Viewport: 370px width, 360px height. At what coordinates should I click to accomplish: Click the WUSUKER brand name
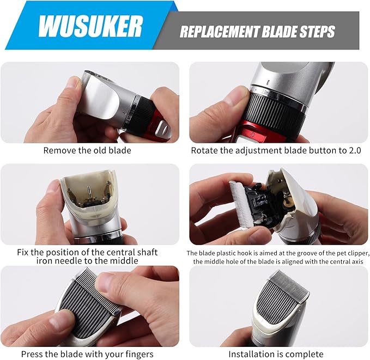pyautogui.click(x=90, y=26)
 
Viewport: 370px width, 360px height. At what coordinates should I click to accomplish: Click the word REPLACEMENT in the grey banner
pyautogui.click(x=220, y=32)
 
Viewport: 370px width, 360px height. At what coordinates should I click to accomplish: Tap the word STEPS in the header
pyautogui.click(x=317, y=32)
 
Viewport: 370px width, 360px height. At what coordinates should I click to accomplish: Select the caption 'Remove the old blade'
pyautogui.click(x=87, y=150)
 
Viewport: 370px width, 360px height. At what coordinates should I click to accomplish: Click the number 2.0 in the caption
pyautogui.click(x=355, y=150)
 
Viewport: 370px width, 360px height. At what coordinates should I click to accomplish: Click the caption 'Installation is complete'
pyautogui.click(x=276, y=354)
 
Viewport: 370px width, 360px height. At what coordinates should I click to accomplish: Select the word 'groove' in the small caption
pyautogui.click(x=306, y=253)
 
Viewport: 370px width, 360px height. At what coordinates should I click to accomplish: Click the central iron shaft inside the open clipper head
pyautogui.click(x=89, y=193)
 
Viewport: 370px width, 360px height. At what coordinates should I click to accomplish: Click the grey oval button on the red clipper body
pyautogui.click(x=165, y=129)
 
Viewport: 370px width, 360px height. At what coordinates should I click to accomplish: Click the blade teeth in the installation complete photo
pyautogui.click(x=290, y=282)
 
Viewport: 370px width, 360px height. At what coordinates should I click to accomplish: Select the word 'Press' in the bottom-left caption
pyautogui.click(x=32, y=355)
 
